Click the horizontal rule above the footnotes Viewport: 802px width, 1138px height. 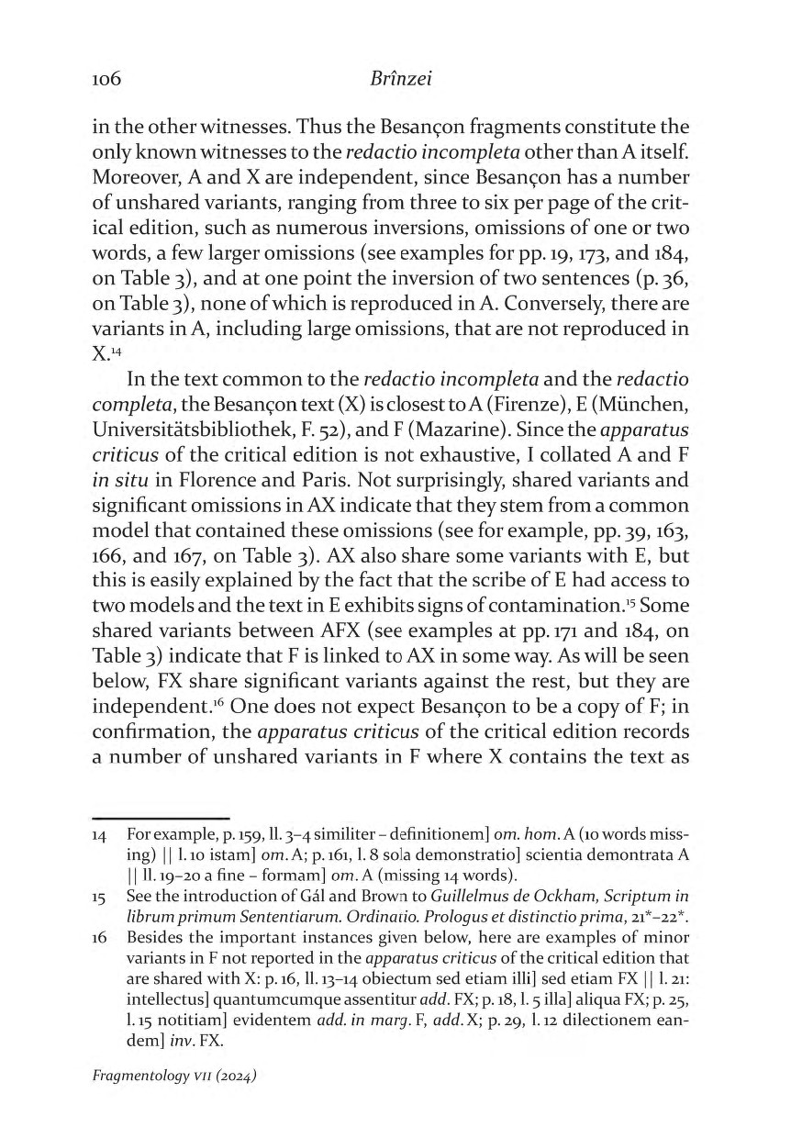pos(160,817)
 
